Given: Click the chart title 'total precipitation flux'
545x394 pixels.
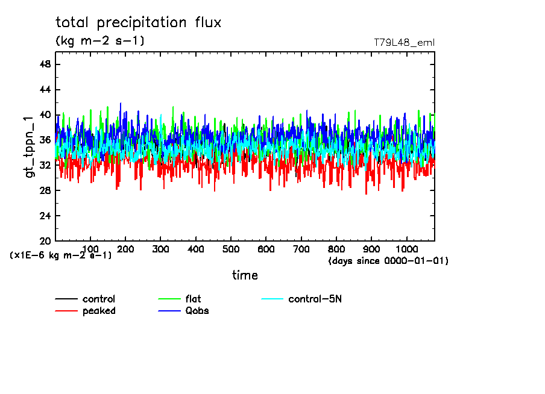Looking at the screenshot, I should (139, 23).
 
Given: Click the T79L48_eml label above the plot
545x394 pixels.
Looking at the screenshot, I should (404, 43).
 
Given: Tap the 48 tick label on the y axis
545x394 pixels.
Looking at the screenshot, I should (45, 64).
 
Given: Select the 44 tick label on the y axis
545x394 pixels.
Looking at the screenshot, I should (45, 90).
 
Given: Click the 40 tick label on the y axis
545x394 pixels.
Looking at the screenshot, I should (45, 115).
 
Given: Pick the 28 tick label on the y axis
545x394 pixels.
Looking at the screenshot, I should (45, 190).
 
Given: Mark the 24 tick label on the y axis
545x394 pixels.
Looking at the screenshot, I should (45, 216).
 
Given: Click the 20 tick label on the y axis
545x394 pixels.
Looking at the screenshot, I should (45, 241).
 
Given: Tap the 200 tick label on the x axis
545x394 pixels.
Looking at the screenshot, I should (125, 249).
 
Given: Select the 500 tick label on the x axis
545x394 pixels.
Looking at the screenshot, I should (231, 249).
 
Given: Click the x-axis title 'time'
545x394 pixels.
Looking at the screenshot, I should (245, 275).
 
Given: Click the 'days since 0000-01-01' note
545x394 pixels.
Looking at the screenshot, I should (388, 261).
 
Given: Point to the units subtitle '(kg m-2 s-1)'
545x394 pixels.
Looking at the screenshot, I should (100, 41).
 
